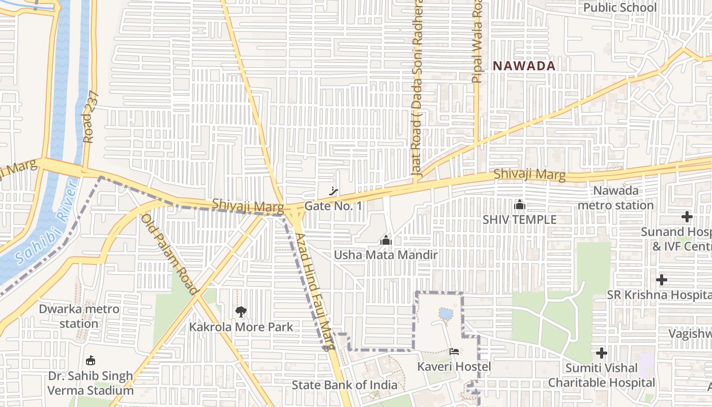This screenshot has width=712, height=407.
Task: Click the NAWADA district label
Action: (523, 66)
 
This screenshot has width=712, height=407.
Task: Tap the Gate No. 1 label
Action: (333, 206)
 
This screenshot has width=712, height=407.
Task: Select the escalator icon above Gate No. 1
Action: (334, 191)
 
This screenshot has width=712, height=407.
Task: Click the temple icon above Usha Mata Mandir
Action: (385, 240)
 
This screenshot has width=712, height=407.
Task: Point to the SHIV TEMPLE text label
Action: (519, 220)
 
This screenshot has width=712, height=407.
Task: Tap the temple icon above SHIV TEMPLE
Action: (519, 205)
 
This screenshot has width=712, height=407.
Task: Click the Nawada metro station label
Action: (615, 198)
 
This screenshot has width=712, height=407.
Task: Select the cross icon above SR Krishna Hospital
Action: (661, 280)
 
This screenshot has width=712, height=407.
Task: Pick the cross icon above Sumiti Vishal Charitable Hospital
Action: (602, 353)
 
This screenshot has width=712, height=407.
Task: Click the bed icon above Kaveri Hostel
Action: (454, 352)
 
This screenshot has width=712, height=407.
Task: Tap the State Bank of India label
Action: (344, 385)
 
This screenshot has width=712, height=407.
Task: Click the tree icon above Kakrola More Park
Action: (241, 311)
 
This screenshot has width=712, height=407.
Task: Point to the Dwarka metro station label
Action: (79, 316)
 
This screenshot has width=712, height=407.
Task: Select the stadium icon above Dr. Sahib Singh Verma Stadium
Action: (91, 361)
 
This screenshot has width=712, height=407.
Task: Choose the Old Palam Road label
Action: (168, 254)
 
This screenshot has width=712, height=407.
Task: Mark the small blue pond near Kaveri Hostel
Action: (446, 314)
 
